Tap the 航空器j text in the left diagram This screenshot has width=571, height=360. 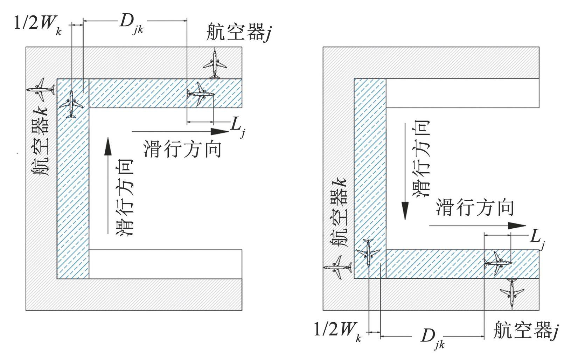point(239,32)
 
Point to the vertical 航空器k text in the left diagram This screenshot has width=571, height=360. point(40,141)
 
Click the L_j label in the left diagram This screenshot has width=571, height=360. point(238,127)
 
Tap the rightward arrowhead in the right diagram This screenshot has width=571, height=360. point(517,226)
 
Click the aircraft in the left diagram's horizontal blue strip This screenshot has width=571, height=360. point(200,94)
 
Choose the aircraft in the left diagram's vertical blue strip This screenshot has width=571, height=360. point(71,104)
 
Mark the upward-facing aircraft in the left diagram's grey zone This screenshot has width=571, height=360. point(215,64)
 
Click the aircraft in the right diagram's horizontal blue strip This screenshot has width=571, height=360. point(498,263)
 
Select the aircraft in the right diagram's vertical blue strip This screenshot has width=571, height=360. point(368,252)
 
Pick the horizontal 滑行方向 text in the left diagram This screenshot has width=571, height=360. point(182,149)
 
